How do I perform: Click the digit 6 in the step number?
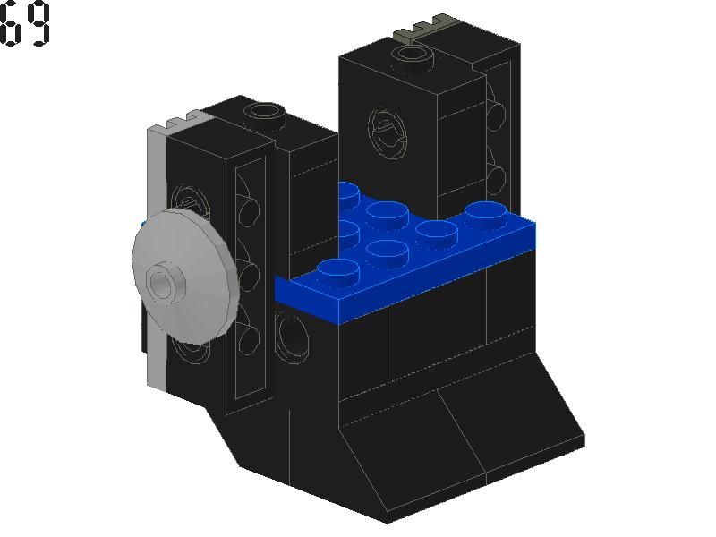tap(9, 24)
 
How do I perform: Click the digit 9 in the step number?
tap(38, 24)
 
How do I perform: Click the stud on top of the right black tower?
tap(413, 58)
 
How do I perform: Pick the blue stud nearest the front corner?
tap(338, 270)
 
